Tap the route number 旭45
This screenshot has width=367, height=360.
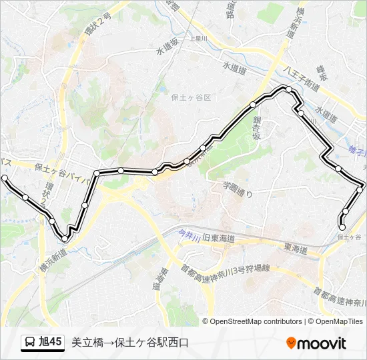point(51,343)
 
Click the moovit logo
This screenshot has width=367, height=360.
point(316,343)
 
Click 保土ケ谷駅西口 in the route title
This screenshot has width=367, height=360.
point(151,343)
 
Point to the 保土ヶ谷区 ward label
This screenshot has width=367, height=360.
point(191,97)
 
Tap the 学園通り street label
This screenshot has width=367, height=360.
point(238,189)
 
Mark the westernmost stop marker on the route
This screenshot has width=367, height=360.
point(5,179)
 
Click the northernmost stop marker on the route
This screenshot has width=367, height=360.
point(289,89)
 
